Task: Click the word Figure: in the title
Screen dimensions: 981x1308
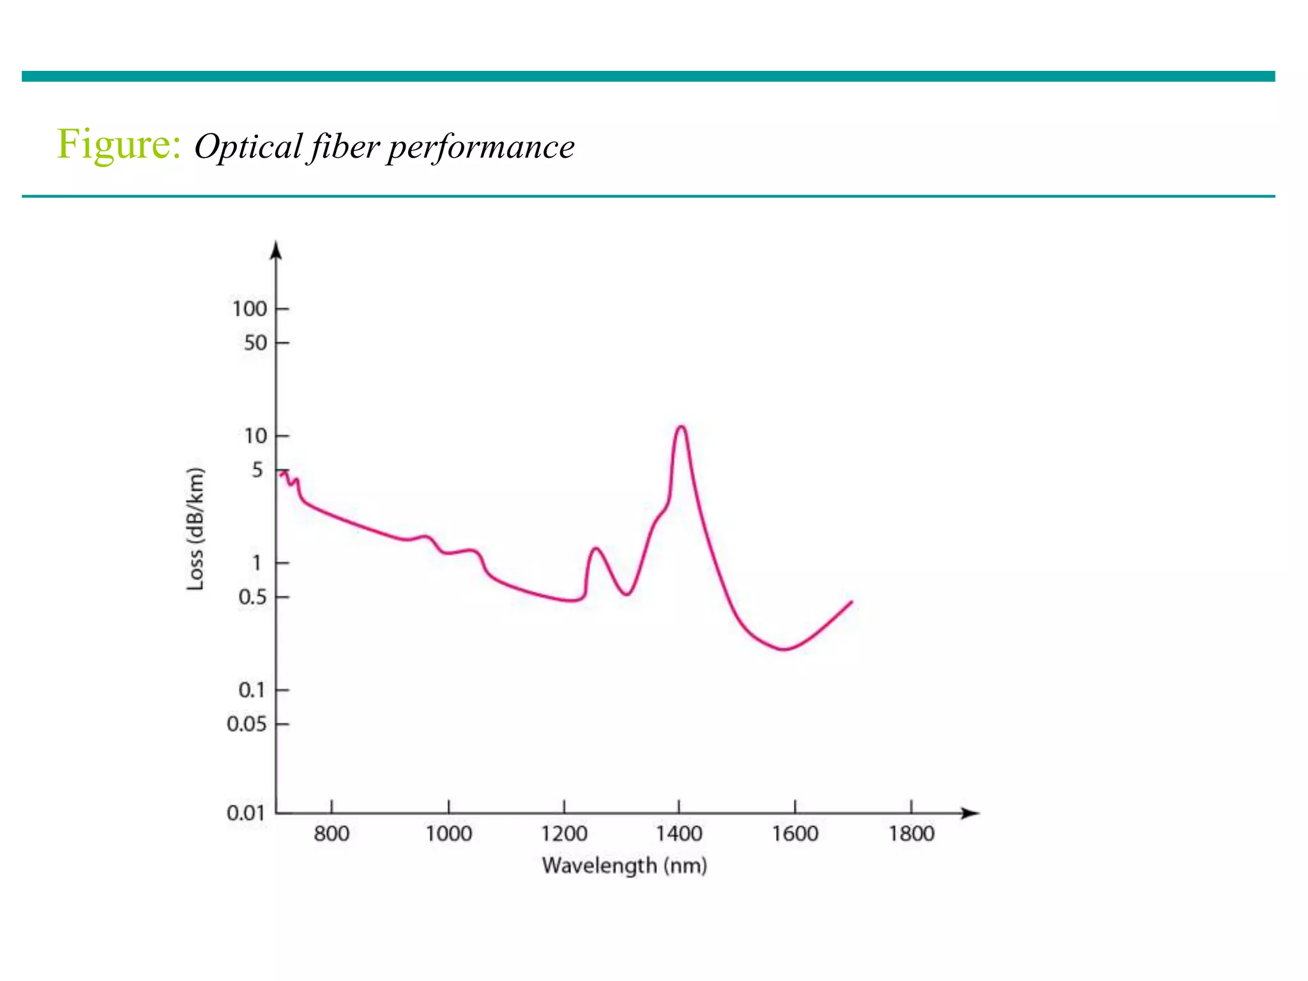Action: tap(119, 145)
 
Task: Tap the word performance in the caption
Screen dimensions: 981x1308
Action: tap(480, 148)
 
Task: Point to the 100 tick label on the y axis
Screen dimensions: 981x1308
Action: tap(249, 309)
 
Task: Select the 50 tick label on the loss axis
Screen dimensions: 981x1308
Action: tap(255, 344)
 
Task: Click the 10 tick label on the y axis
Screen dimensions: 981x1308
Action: tap(255, 436)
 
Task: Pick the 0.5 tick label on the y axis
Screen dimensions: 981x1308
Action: tap(252, 598)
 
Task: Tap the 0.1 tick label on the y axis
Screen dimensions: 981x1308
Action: tap(252, 690)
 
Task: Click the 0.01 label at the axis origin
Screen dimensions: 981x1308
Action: tap(246, 813)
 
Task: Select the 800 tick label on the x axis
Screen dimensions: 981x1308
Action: tap(331, 834)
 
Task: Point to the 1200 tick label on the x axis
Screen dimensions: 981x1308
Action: tap(564, 834)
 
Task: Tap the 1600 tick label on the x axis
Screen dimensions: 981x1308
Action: tap(795, 834)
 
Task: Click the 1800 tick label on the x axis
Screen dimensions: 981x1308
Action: tap(911, 834)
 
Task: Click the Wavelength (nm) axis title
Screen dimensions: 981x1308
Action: tap(624, 866)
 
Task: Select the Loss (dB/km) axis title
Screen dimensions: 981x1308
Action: tap(195, 529)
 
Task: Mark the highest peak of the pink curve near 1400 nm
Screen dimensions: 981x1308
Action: tap(681, 427)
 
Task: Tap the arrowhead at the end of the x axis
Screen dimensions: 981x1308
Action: tap(971, 813)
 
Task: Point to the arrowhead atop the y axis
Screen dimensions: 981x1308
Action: tap(276, 250)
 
